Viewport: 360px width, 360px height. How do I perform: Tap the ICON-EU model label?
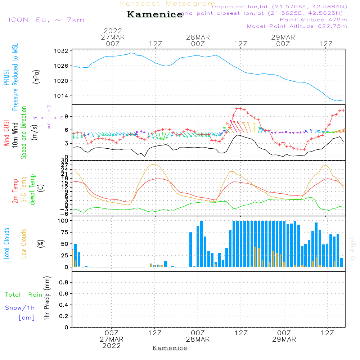click(46, 20)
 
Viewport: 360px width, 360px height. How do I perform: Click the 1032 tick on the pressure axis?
click(62, 51)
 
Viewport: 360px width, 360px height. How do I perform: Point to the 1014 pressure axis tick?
click(62, 96)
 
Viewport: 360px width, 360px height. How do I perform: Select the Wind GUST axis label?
click(6, 134)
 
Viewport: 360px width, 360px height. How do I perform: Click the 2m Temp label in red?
click(15, 190)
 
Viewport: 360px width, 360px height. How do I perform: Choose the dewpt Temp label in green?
click(32, 190)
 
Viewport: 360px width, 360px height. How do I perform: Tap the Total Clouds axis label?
click(6, 244)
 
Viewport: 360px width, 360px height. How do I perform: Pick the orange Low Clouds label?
click(24, 244)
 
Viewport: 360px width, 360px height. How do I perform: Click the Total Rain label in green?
click(23, 295)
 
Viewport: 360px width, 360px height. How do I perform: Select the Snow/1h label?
click(20, 308)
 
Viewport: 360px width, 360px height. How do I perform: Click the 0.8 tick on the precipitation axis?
click(63, 283)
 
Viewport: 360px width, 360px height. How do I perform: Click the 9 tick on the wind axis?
click(67, 116)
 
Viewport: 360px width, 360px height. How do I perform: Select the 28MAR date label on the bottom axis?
click(198, 339)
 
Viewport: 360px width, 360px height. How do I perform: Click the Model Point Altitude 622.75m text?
click(297, 26)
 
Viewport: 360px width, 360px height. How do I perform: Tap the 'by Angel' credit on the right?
click(352, 249)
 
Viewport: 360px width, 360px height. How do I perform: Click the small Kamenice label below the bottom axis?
click(170, 348)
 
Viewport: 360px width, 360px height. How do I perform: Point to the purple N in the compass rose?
click(49, 107)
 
